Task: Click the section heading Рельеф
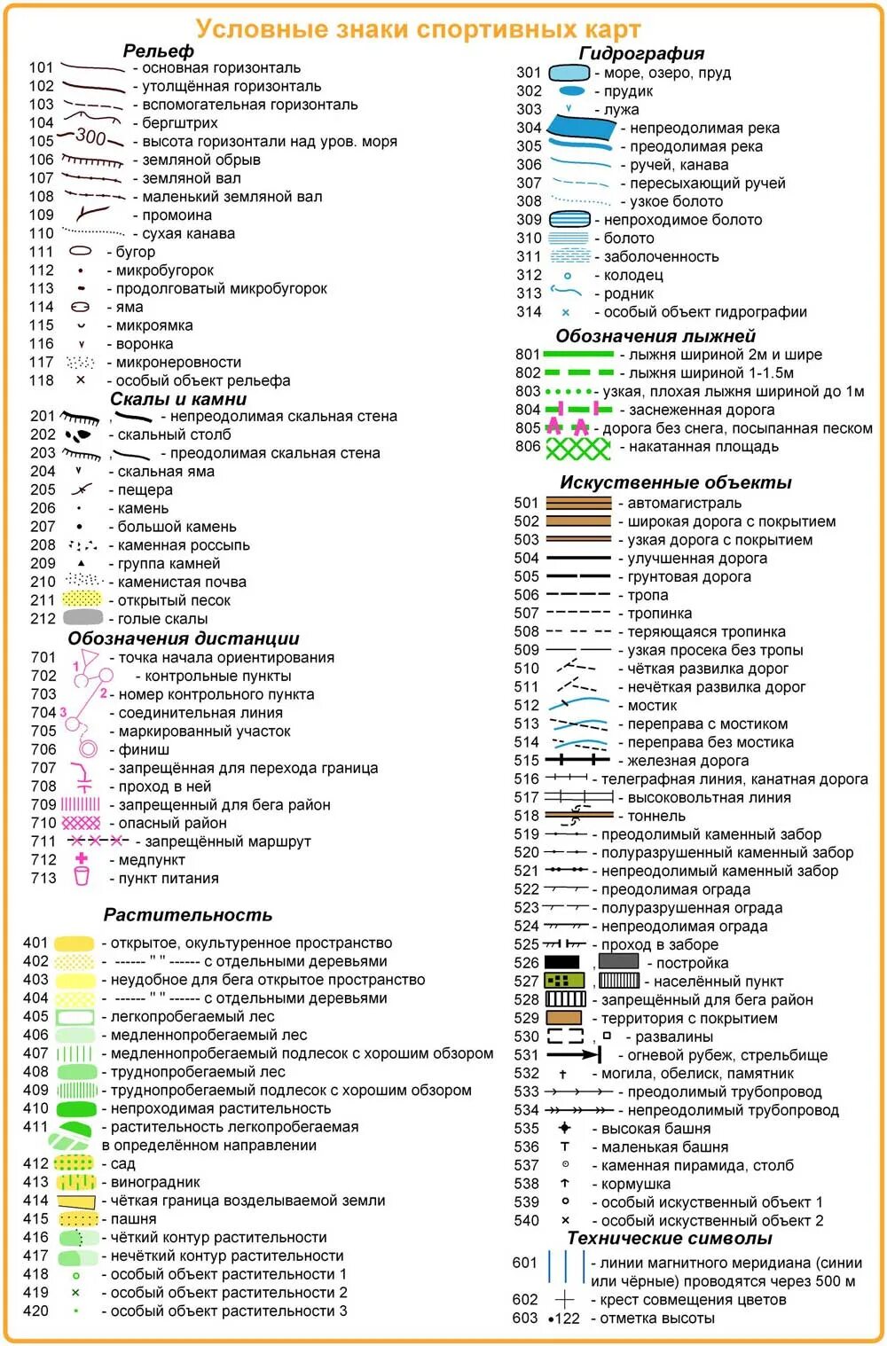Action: coord(158,51)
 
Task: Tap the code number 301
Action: coord(529,73)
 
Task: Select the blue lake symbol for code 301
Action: coord(569,73)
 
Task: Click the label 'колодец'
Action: coord(633,275)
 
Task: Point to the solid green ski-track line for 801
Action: coord(578,355)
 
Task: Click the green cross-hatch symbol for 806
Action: coord(578,448)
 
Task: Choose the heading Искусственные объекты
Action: coord(675,482)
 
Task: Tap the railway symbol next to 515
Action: coord(578,760)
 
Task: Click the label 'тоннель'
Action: coord(656,816)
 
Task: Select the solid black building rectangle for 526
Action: coord(561,963)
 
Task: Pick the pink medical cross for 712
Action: coord(82,859)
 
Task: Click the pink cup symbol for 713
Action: coord(82,878)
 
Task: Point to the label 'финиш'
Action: coord(144,749)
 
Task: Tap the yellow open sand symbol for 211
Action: coord(83,600)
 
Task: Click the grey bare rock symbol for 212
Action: coord(83,618)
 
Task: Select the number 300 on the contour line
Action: coord(90,137)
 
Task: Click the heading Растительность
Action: coord(187,914)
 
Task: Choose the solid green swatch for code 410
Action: coord(75,1108)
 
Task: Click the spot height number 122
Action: coord(568,1319)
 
